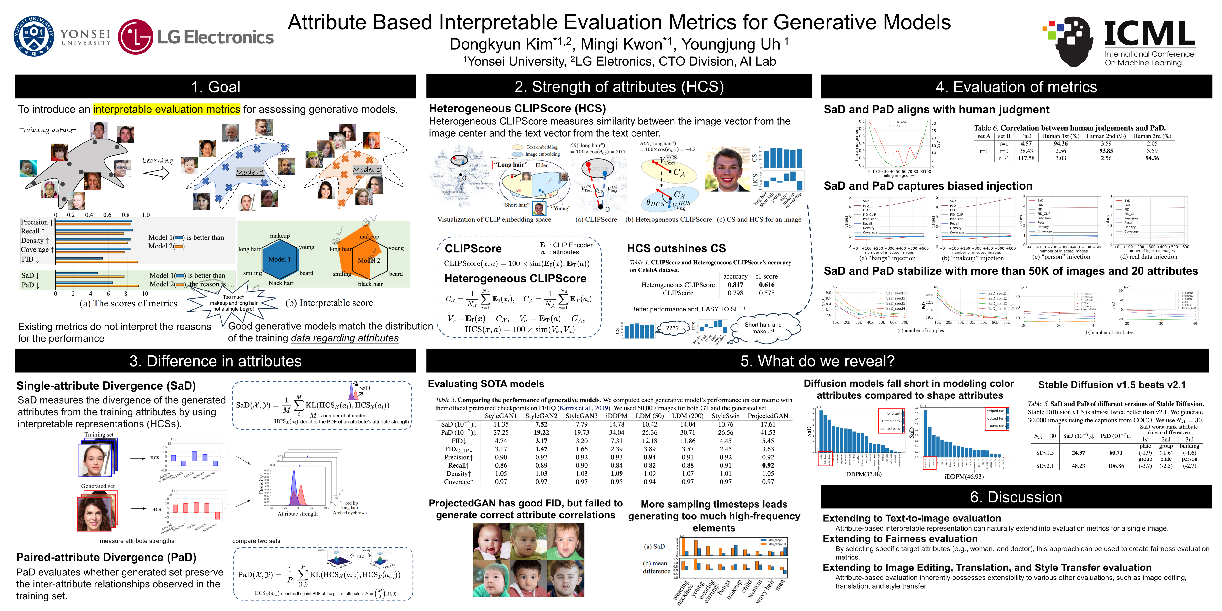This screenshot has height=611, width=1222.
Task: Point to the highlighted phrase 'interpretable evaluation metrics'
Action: pyautogui.click(x=167, y=110)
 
